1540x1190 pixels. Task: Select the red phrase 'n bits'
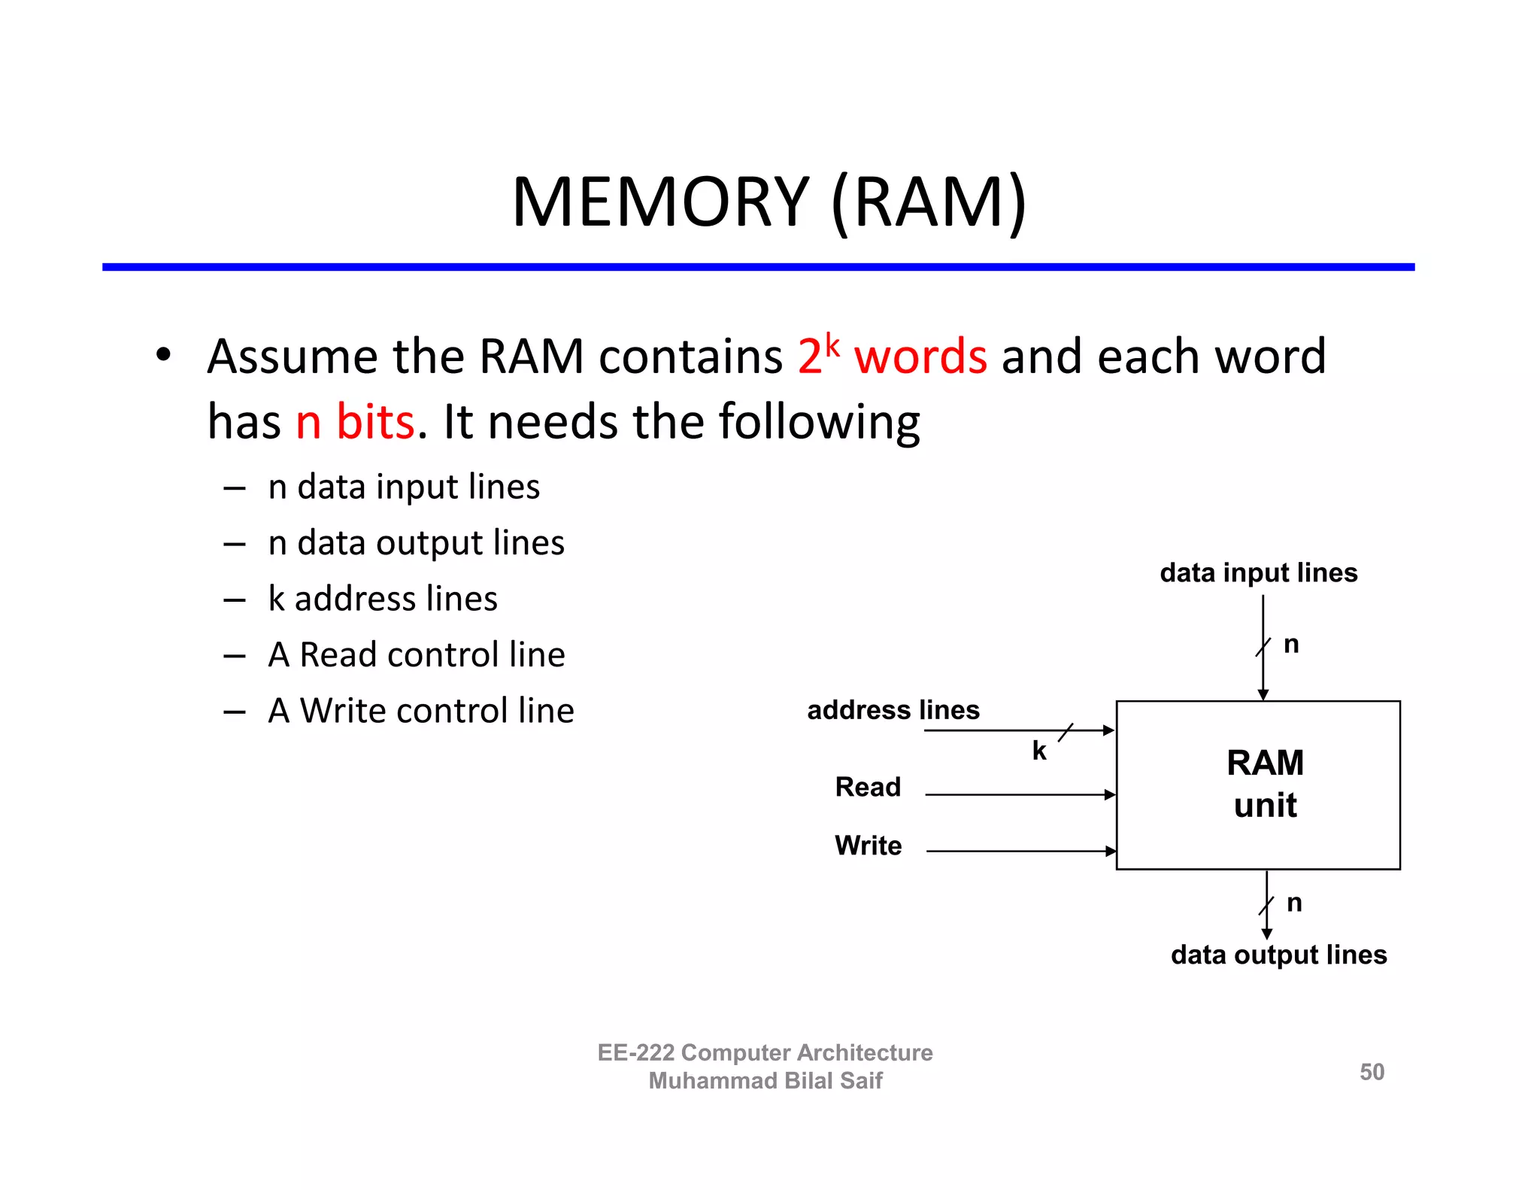pos(354,421)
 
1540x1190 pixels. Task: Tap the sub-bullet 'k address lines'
pos(382,599)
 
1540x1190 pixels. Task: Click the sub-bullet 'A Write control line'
pos(421,711)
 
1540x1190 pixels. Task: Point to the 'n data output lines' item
pos(416,542)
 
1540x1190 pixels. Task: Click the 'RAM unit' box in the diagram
pos(1258,785)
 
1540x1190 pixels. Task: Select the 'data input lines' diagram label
pos(1258,572)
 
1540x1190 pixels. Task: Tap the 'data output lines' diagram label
pos(1278,955)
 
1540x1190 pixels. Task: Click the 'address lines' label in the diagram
pos(893,710)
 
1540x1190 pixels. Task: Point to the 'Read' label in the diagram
pos(867,787)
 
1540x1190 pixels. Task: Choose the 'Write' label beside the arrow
pos(868,845)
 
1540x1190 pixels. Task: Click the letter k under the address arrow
pos(1039,751)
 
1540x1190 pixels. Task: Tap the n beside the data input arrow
pos(1291,645)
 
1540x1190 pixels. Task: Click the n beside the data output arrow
pos(1294,903)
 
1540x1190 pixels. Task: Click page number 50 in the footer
pos(1372,1072)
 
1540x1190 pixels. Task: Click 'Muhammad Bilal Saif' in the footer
pos(765,1081)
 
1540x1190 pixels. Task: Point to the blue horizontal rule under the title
pos(758,267)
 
